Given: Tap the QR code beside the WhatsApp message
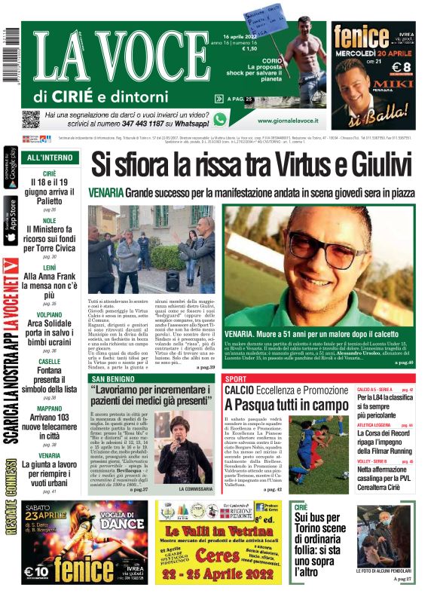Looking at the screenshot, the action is coord(30,120).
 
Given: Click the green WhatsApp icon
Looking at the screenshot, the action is coord(219,119).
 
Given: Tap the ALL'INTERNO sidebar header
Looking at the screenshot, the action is coord(50,158).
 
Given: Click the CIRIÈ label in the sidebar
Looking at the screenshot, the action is coord(50,173).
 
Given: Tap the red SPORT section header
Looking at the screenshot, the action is coord(236,378).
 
